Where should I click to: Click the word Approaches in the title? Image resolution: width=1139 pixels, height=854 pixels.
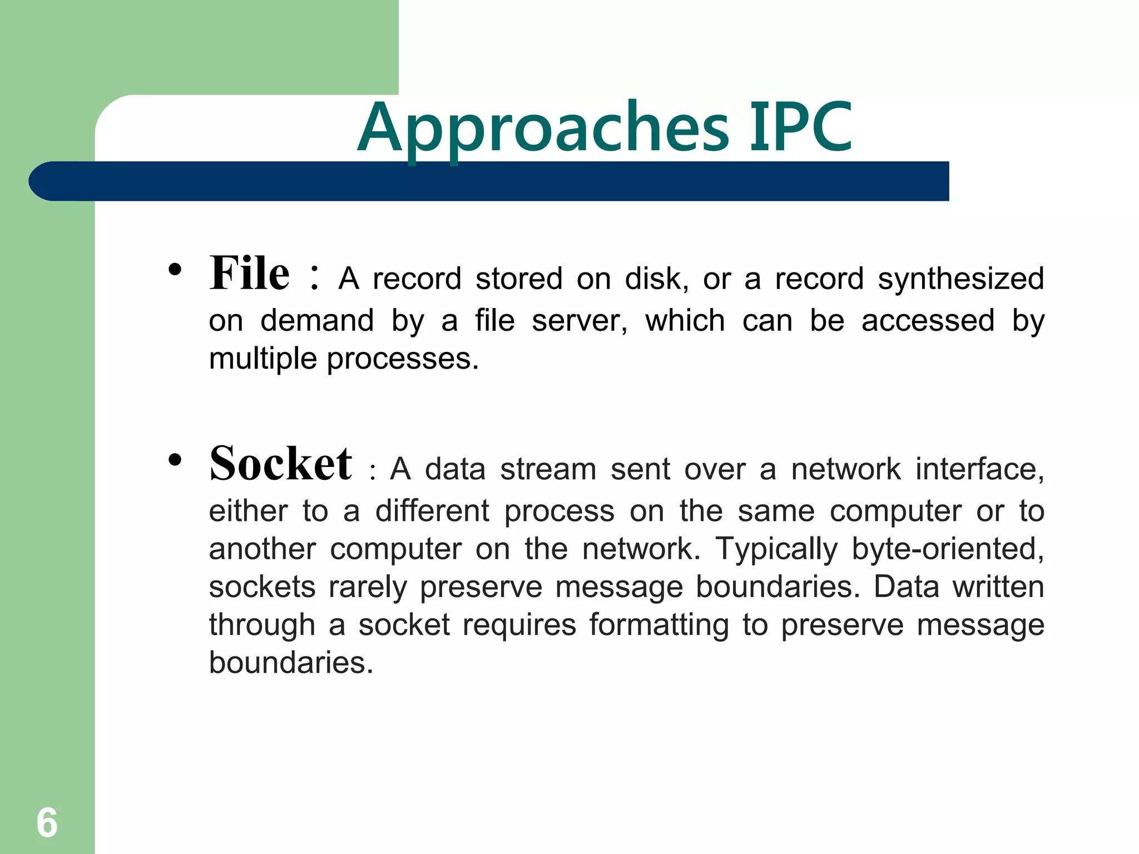pyautogui.click(x=542, y=129)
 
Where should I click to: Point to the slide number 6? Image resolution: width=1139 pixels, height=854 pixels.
pyautogui.click(x=47, y=822)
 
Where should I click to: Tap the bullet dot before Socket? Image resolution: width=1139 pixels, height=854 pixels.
pyautogui.click(x=175, y=460)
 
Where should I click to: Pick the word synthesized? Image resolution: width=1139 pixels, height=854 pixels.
pyautogui.click(x=960, y=279)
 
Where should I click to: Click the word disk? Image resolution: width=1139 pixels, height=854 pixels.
pyautogui.click(x=656, y=279)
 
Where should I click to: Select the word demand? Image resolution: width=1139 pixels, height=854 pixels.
pyautogui.click(x=317, y=321)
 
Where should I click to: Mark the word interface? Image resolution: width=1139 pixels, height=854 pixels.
pyautogui.click(x=979, y=469)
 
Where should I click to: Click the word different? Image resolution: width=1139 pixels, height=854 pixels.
pyautogui.click(x=432, y=511)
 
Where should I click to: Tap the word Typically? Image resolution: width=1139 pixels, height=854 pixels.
pyautogui.click(x=776, y=549)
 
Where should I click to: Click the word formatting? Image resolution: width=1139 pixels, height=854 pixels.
pyautogui.click(x=659, y=625)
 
